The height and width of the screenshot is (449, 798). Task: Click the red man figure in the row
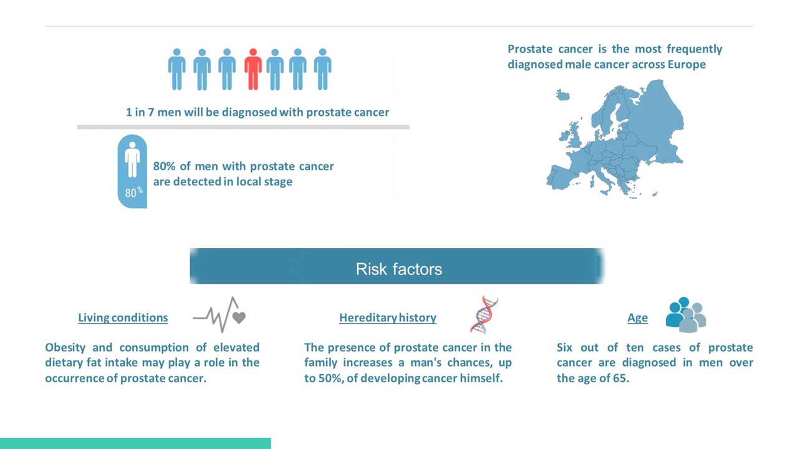(x=253, y=69)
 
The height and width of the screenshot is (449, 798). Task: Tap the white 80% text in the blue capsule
(x=134, y=193)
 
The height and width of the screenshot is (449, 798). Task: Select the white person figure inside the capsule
(x=132, y=159)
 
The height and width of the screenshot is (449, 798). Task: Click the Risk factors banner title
(x=398, y=269)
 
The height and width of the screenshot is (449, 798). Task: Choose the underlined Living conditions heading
(x=123, y=317)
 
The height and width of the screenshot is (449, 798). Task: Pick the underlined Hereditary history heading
(x=388, y=317)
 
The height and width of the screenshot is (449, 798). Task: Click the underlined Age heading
(x=638, y=317)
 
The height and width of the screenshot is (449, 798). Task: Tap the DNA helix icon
(x=484, y=315)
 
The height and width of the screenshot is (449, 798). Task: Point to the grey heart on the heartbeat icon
(x=239, y=317)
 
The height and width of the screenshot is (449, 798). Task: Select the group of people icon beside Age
(x=686, y=315)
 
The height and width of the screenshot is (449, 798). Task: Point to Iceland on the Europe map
(x=563, y=95)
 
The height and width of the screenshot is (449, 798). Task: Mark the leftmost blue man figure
(x=176, y=69)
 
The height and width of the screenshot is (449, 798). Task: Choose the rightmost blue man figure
(x=323, y=69)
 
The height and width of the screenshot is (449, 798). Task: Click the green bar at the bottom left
(x=135, y=443)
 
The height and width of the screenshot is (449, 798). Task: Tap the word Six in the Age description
(x=564, y=347)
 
